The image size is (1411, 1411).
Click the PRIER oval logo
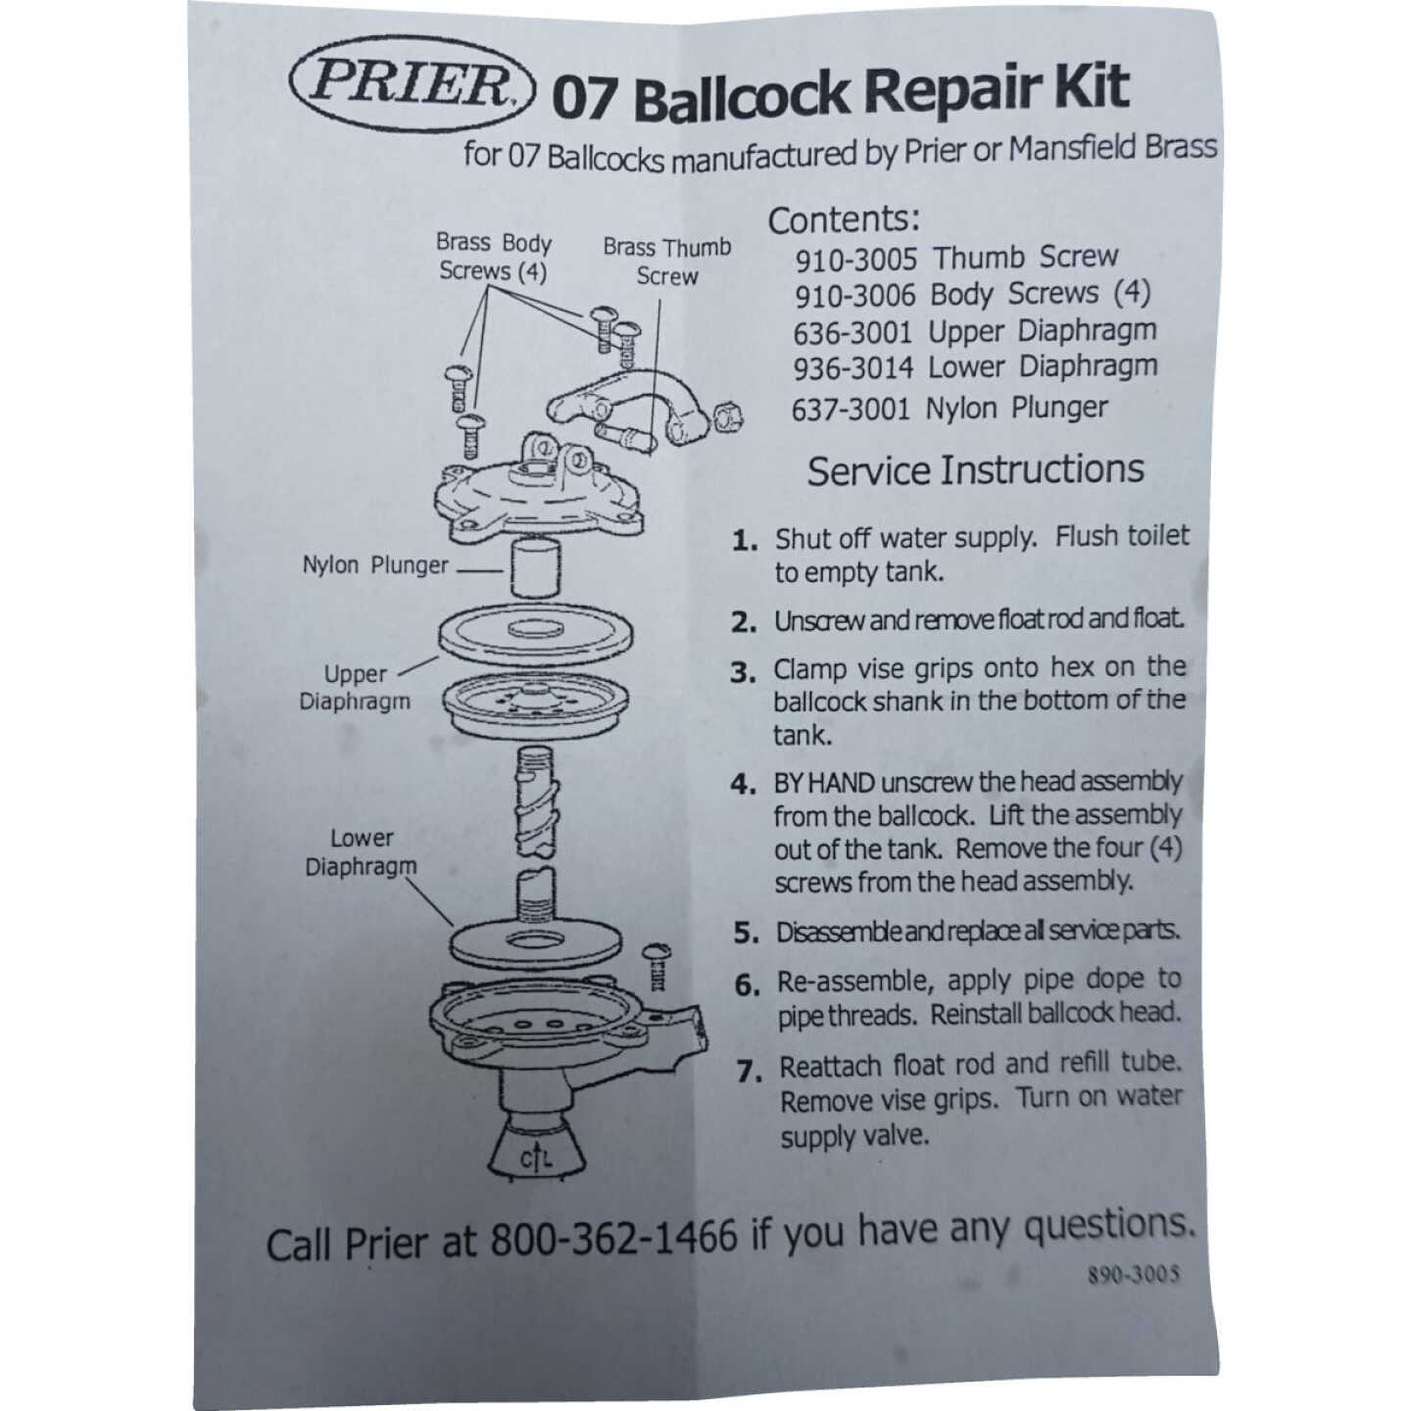point(413,84)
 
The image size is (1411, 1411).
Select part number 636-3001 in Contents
point(852,333)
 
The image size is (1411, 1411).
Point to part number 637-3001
point(851,409)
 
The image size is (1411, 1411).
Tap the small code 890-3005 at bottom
point(1133,1276)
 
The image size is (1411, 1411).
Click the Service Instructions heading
point(975,470)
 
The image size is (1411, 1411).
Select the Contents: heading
point(844,220)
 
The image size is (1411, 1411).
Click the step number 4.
point(743,784)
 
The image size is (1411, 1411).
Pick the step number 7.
point(749,1071)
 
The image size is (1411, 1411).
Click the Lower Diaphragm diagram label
point(361,852)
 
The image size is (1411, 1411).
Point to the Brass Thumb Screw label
point(667,262)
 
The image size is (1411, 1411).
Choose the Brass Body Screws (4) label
point(494,257)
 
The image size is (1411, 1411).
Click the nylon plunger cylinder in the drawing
point(534,566)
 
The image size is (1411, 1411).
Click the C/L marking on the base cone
point(536,1158)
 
